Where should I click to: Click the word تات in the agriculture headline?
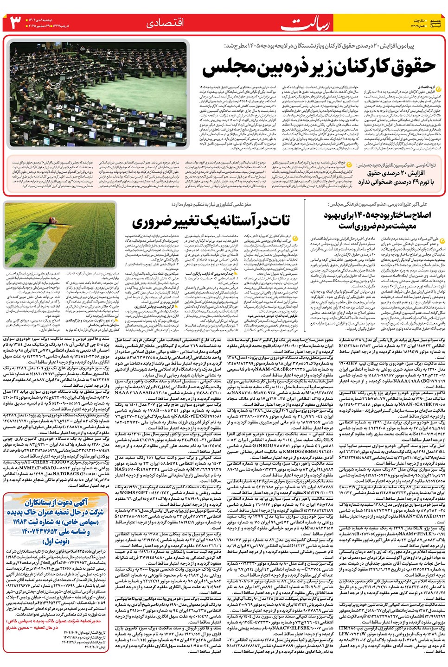click(279, 221)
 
